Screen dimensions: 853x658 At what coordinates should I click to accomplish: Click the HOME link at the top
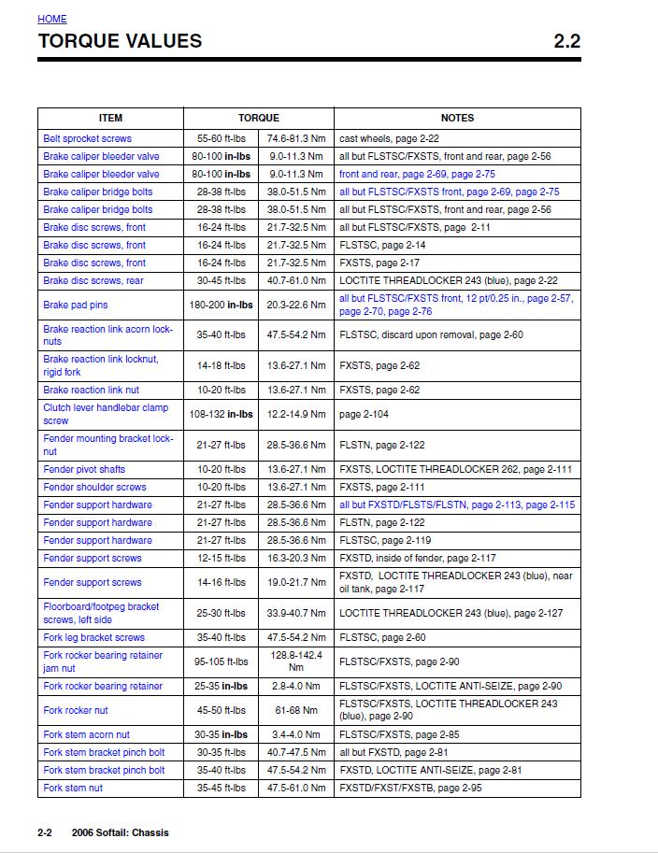coord(52,19)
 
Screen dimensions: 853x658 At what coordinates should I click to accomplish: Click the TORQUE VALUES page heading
coord(120,41)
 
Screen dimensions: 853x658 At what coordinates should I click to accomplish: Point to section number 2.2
coord(566,41)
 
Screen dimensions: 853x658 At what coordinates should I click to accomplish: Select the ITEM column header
coord(110,119)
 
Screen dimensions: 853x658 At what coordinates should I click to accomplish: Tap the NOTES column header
coord(457,119)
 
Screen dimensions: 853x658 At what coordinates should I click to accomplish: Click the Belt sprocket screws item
coord(88,138)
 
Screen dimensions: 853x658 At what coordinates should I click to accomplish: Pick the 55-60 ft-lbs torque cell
coord(222,138)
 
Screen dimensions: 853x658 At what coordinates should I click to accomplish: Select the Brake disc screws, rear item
coord(93,280)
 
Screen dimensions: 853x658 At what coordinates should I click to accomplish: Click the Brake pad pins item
coord(76,305)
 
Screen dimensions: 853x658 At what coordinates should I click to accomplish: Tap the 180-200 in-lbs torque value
coord(222,305)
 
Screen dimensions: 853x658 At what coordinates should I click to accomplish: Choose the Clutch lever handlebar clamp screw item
coord(106,414)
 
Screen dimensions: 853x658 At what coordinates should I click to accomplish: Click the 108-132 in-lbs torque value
coord(222,414)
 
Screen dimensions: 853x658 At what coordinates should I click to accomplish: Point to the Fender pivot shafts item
coord(84,469)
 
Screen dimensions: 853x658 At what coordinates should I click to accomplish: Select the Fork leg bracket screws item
coord(94,637)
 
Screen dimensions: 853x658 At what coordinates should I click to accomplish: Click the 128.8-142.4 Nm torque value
coord(296,661)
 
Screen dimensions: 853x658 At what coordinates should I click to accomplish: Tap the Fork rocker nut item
coord(76,710)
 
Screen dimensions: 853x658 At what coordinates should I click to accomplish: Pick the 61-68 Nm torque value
coord(296,710)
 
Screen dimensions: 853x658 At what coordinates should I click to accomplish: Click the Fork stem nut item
coord(73,788)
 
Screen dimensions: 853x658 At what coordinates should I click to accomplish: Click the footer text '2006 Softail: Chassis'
coord(121,832)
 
